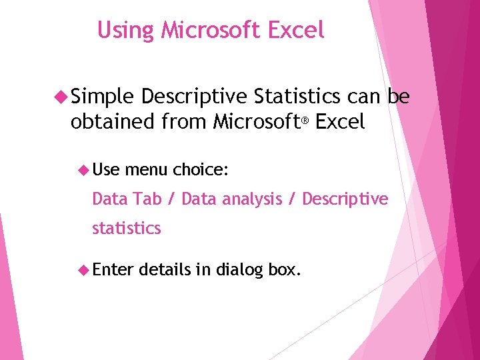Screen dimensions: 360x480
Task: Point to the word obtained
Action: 113,122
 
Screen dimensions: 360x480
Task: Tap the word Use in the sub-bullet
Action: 105,170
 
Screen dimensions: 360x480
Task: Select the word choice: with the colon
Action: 201,170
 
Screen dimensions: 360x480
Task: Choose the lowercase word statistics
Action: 127,228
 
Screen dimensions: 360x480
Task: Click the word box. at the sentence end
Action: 284,270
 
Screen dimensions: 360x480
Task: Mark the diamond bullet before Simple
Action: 63,98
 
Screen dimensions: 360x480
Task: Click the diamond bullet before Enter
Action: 84,270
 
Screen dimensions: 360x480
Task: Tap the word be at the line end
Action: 399,97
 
